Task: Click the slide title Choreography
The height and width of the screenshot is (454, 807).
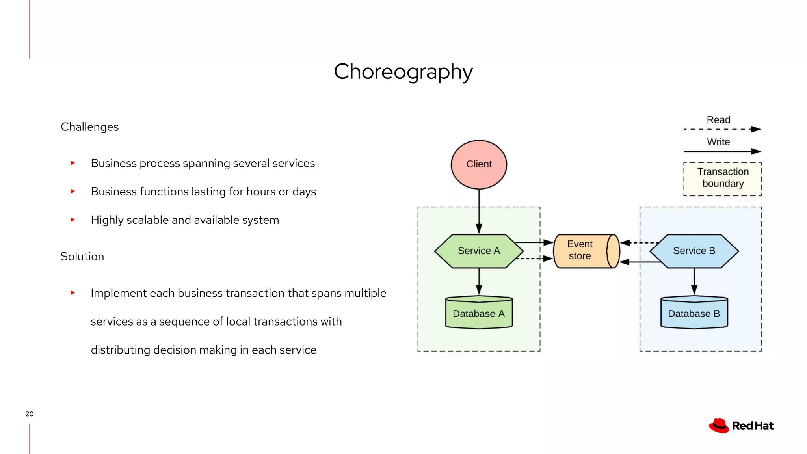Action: tap(403, 72)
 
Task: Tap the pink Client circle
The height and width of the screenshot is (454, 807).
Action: tap(479, 164)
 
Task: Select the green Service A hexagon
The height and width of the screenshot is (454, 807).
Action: tap(479, 251)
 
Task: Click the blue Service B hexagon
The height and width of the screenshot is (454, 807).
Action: tap(694, 251)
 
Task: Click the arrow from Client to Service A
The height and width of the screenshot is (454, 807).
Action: tap(479, 211)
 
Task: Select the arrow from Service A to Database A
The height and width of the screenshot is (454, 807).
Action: tap(479, 281)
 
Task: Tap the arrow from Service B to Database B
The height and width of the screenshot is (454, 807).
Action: tap(694, 281)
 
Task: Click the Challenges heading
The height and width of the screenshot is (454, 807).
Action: tap(89, 127)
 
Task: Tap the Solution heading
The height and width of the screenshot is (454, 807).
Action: tap(82, 257)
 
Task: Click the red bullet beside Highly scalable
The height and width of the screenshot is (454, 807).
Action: tap(73, 220)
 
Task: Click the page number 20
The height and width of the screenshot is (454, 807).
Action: tap(30, 414)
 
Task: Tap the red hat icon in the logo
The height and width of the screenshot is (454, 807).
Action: tap(719, 425)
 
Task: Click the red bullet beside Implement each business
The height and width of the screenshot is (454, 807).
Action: tap(73, 293)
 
